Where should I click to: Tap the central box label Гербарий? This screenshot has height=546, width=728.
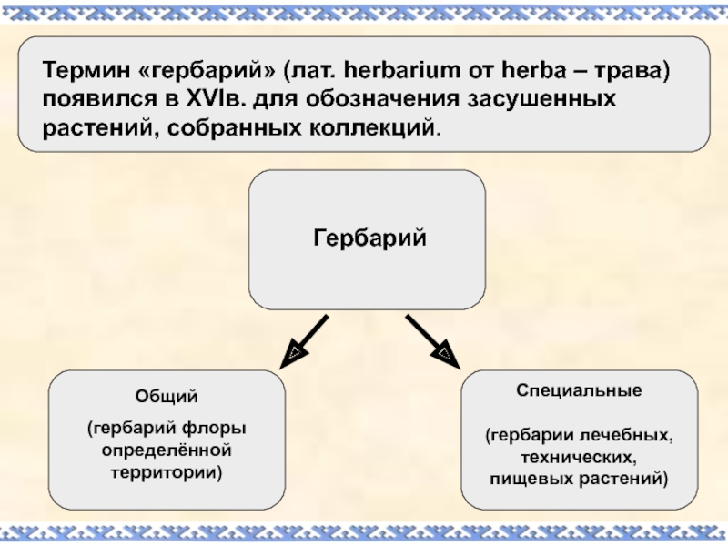tap(369, 239)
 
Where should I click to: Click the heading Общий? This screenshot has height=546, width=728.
tap(166, 399)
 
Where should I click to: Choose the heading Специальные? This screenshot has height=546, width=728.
tap(580, 389)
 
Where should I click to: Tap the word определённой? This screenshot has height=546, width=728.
tap(167, 450)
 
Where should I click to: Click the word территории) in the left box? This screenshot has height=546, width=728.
tap(167, 473)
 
